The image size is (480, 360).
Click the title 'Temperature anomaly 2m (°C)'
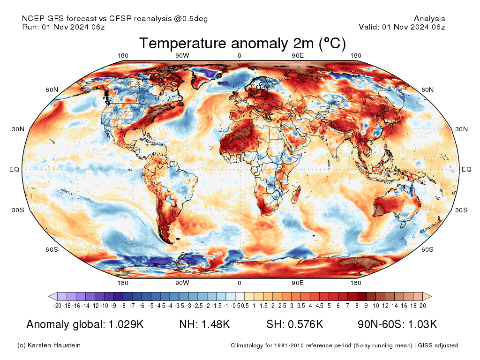pos(242,44)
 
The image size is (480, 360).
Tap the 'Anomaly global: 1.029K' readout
pos(85,324)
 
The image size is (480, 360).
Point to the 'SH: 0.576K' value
pos(295,324)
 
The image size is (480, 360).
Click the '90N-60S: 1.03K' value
pos(397,324)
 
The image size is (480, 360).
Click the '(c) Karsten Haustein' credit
pos(49,345)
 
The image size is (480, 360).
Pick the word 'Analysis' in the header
pos(429,19)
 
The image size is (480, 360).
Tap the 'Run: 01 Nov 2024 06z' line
pos(63,27)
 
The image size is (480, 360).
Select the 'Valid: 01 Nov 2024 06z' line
pos(402,27)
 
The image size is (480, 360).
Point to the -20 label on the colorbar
pos(58,306)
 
